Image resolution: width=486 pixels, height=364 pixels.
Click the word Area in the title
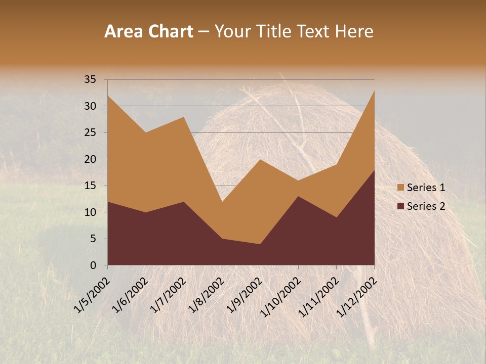(124, 32)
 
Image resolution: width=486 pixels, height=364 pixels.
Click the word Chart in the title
(170, 32)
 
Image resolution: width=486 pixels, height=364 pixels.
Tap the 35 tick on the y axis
(90, 79)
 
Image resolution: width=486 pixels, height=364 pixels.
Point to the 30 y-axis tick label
(90, 106)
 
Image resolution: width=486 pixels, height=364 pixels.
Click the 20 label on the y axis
(90, 159)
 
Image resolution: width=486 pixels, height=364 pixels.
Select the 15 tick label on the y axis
(90, 186)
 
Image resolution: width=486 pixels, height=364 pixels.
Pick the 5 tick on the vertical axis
(93, 239)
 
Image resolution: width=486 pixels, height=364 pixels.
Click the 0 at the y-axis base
(93, 265)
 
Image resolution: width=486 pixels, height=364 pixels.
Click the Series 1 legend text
(426, 188)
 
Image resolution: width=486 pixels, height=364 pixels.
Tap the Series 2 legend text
(426, 206)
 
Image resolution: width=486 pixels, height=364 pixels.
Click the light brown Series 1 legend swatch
(400, 188)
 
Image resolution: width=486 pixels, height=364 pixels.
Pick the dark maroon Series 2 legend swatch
(400, 206)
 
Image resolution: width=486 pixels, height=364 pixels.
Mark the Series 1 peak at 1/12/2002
(374, 91)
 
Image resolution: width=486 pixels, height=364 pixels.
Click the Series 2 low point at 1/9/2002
(260, 244)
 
